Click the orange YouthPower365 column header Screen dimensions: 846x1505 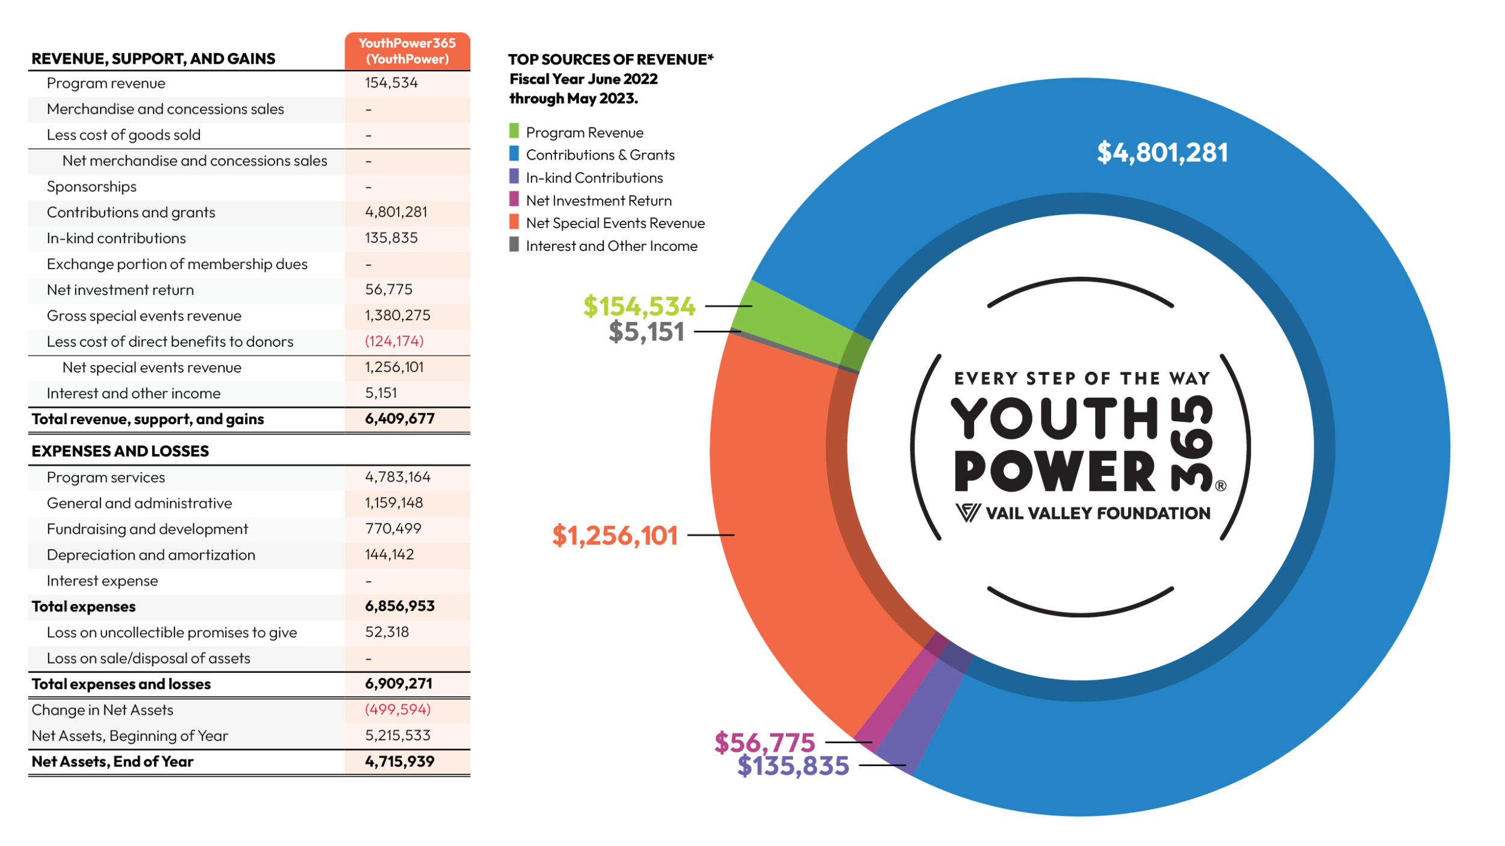point(407,51)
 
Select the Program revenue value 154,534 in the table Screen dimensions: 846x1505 point(391,83)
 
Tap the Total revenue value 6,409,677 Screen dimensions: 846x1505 point(399,419)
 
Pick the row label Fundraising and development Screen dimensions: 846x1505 point(147,529)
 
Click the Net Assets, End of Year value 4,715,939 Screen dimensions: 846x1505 point(399,762)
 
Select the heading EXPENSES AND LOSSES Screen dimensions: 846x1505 point(120,451)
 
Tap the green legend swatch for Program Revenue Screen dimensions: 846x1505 point(514,131)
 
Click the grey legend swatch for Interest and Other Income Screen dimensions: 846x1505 point(514,245)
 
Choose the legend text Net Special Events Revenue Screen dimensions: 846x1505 point(615,223)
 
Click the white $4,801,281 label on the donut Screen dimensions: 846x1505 point(1162,152)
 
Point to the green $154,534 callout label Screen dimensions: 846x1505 point(639,306)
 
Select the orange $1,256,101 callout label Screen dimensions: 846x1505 point(615,536)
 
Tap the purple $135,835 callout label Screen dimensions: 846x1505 point(793,766)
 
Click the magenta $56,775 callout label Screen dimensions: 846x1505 point(764,743)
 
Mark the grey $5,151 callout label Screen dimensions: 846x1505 point(646,332)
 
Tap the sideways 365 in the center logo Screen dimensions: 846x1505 point(1191,443)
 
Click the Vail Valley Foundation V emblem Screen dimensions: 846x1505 point(967,513)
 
